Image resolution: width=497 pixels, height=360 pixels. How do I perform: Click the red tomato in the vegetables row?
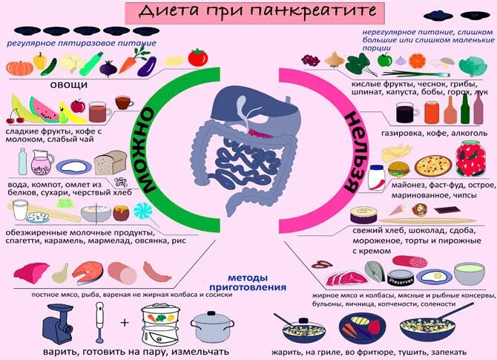coord(197,57)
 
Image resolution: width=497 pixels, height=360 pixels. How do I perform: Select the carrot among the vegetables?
coord(127,65)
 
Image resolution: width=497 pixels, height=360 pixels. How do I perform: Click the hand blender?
coord(98,321)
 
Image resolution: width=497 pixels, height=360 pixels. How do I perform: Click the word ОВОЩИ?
coord(70,85)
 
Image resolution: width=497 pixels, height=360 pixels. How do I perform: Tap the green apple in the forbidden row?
coord(384,61)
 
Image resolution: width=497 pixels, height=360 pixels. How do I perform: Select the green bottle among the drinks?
coord(466,111)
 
